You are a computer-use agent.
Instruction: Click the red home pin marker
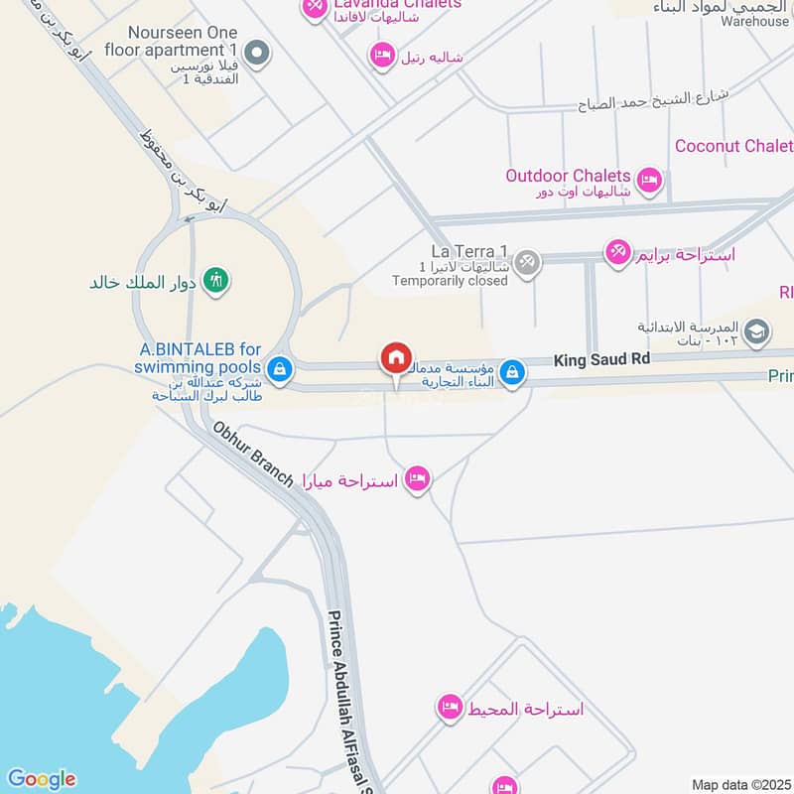[395, 358]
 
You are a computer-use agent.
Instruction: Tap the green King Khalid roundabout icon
[214, 281]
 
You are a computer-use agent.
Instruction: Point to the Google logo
[41, 779]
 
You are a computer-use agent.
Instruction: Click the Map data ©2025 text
[739, 784]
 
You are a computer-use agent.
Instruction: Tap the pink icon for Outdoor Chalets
[650, 180]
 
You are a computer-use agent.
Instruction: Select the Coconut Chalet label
[733, 146]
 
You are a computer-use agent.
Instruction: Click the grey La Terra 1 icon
[529, 262]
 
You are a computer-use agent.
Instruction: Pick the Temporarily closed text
[450, 281]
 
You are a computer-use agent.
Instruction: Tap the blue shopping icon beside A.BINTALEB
[281, 368]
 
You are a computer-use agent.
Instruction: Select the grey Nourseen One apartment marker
[257, 53]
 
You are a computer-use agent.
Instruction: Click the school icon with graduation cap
[756, 331]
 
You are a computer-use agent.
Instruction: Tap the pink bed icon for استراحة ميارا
[418, 479]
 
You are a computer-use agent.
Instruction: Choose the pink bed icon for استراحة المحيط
[450, 708]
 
